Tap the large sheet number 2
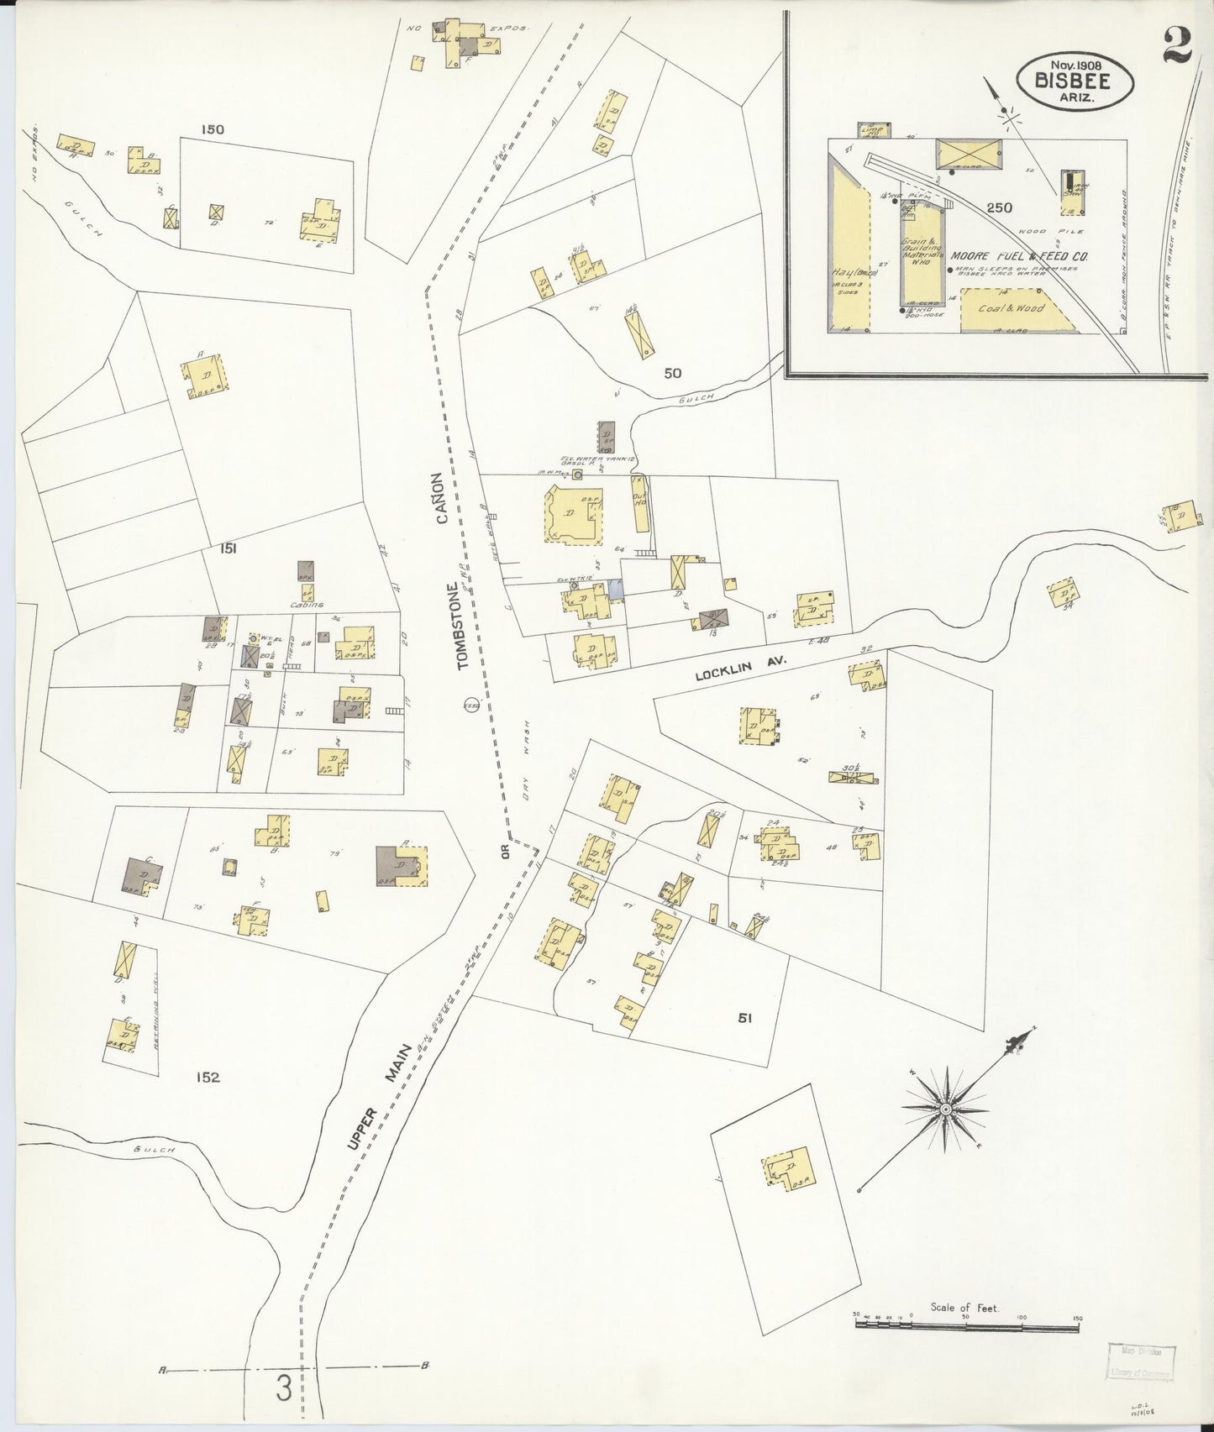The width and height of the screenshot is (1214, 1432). [1178, 46]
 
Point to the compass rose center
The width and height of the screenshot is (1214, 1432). [946, 1109]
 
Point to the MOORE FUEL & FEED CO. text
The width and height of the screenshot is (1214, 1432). [1019, 258]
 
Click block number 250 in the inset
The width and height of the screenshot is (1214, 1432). [999, 207]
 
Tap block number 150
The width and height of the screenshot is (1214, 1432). [213, 129]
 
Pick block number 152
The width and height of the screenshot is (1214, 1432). [207, 1077]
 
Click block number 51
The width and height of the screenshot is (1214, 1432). [744, 1018]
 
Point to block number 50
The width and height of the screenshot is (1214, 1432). [672, 373]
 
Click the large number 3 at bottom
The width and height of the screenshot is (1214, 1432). [284, 1389]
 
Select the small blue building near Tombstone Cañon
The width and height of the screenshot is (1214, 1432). [617, 590]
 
